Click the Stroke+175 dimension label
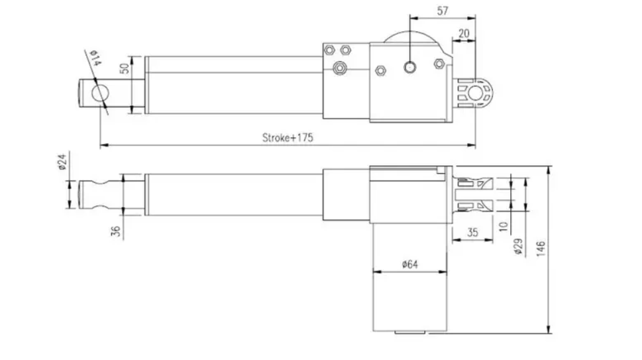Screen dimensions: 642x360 coord(288,138)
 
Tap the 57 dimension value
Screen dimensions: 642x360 coord(443,11)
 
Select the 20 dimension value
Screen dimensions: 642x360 coord(464,34)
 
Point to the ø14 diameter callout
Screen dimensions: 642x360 coord(95,58)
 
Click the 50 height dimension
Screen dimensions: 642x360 coord(125,68)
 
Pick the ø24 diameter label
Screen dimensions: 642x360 coord(62,162)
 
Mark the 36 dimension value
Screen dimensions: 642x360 coord(117,231)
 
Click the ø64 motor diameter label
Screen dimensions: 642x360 coord(410,265)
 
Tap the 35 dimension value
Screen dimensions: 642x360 coord(472,233)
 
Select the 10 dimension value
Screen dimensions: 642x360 coord(504,226)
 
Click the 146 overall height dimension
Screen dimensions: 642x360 coord(541,249)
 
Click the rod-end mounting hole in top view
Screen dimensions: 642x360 coord(100,93)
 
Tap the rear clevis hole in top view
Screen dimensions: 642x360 coord(476,93)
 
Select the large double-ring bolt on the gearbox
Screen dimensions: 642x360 coord(340,68)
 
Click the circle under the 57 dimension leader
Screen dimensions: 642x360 coord(410,67)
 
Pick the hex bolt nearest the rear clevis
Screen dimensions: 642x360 coord(439,64)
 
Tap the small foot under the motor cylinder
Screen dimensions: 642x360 coord(410,333)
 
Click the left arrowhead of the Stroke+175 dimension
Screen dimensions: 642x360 coord(104,145)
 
